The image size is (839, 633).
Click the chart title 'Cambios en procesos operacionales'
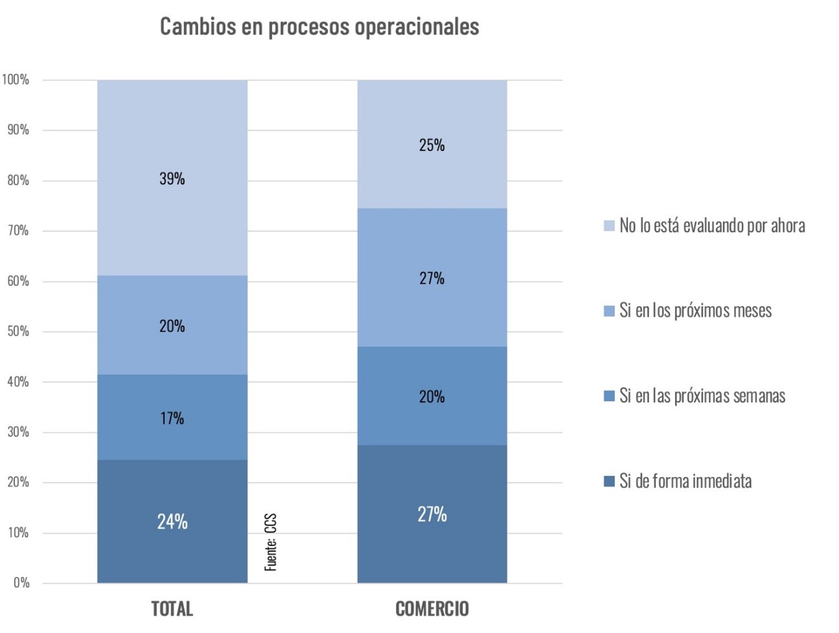[319, 27]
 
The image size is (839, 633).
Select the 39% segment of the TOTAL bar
[172, 178]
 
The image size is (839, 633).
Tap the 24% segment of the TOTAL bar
[172, 521]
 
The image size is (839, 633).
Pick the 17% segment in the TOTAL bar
[172, 417]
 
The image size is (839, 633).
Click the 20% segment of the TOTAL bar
[172, 325]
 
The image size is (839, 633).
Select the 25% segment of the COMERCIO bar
[432, 144]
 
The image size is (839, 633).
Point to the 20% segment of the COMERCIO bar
[432, 396]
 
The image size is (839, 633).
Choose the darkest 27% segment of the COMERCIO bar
[432, 514]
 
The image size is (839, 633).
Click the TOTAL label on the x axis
[172, 609]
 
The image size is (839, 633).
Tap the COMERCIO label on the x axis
[432, 609]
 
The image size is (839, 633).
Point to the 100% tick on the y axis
[16, 80]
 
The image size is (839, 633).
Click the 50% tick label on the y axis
[18, 331]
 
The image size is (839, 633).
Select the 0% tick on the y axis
[21, 583]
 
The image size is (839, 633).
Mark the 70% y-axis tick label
[18, 230]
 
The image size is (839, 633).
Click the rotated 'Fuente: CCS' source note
[271, 542]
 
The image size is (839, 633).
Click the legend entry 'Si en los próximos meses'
[695, 311]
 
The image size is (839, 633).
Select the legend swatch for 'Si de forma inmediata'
[609, 481]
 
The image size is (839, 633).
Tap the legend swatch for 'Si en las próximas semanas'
[609, 396]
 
